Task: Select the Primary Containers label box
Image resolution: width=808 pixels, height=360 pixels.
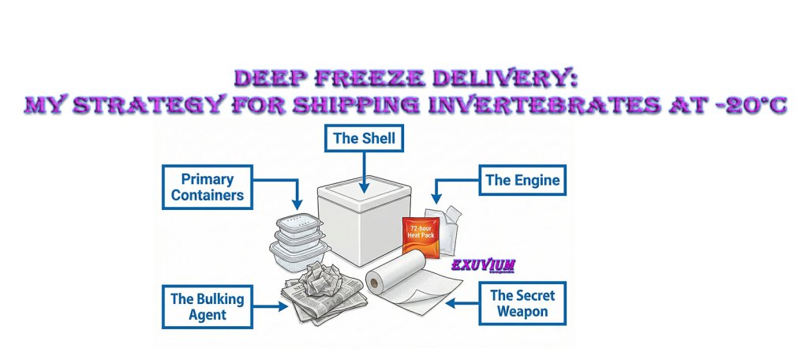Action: pos(208,187)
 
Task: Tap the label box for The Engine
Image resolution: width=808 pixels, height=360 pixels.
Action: pos(522,180)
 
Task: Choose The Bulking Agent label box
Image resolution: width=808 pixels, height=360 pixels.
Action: pos(208,306)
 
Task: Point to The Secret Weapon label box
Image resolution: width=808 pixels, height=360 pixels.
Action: pos(522,304)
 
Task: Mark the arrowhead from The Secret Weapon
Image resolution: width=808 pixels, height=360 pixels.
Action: pos(450,302)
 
